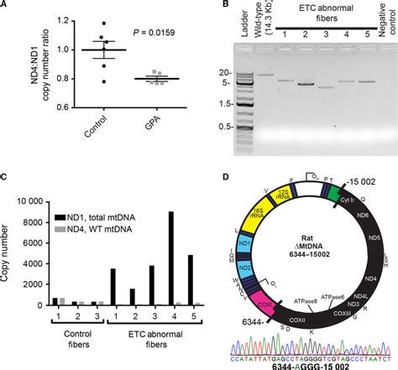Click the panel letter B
coord(210,8)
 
